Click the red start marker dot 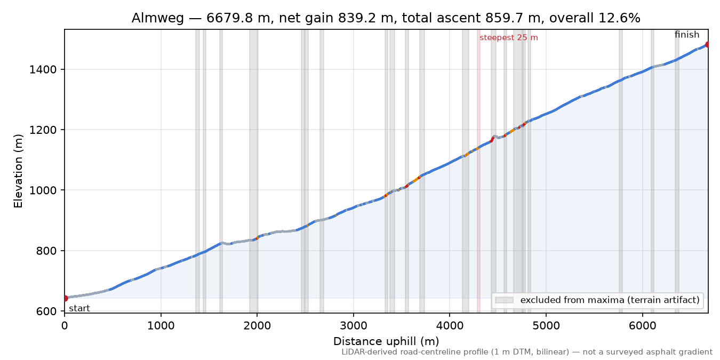65,298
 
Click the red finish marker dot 707,44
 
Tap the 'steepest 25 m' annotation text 508,38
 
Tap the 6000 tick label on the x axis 643,326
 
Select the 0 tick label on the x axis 65,326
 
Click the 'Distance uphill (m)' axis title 386,341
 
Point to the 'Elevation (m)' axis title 18,171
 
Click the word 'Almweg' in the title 157,18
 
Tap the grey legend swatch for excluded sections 504,300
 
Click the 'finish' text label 687,34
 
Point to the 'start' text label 79,308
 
